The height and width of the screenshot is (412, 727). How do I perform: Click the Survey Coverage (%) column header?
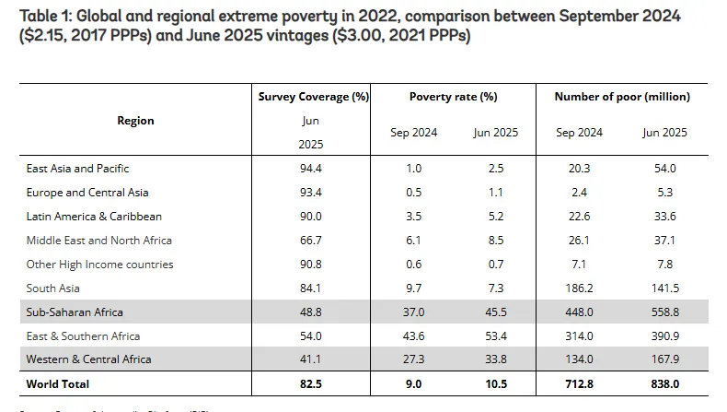pyautogui.click(x=313, y=96)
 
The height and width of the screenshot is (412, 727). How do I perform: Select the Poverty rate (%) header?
pyautogui.click(x=454, y=96)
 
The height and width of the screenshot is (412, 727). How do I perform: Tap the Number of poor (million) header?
pyautogui.click(x=621, y=96)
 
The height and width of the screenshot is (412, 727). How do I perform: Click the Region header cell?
pyautogui.click(x=135, y=121)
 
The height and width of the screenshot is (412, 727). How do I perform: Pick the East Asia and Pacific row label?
pyautogui.click(x=77, y=169)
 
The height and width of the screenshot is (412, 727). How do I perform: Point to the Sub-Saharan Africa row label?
pyautogui.click(x=75, y=312)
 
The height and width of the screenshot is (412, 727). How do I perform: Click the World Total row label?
pyautogui.click(x=58, y=383)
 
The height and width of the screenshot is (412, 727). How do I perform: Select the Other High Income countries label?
pyautogui.click(x=99, y=265)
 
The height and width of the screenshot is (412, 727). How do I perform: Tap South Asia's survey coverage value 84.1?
pyautogui.click(x=312, y=288)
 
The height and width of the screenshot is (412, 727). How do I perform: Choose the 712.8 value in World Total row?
pyautogui.click(x=579, y=383)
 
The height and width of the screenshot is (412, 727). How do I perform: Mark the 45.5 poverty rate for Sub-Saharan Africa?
pyautogui.click(x=495, y=312)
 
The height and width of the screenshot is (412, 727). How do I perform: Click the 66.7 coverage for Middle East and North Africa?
pyautogui.click(x=312, y=241)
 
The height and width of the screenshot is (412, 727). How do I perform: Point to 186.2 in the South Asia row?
pyautogui.click(x=579, y=288)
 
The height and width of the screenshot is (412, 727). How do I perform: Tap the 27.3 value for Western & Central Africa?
pyautogui.click(x=413, y=359)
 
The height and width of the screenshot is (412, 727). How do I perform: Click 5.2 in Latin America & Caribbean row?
pyautogui.click(x=495, y=217)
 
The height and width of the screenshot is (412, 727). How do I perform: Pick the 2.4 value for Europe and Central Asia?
pyautogui.click(x=579, y=193)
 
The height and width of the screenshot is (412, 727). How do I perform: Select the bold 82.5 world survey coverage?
pyautogui.click(x=312, y=383)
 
